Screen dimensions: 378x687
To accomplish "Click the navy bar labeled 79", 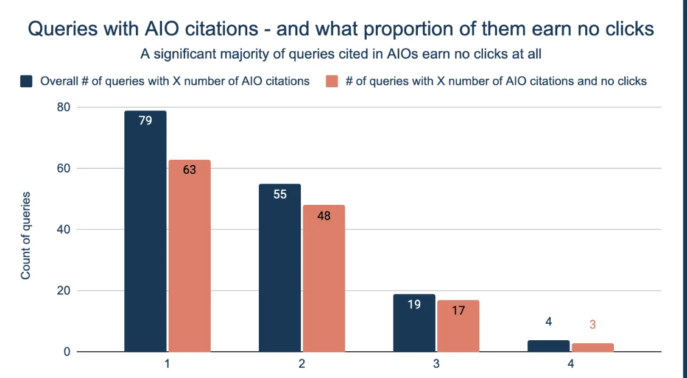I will coord(145,232).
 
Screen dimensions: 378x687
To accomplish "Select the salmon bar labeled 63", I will coord(189,256).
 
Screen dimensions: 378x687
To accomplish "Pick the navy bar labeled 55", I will coord(280,268).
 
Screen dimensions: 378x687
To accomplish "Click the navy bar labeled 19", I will coord(414,323).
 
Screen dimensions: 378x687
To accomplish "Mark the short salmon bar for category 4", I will coord(593,348).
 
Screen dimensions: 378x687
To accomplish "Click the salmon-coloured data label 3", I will coord(593,325).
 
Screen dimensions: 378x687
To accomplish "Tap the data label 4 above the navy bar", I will coord(548,322).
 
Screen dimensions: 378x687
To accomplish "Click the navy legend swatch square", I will coord(26,81).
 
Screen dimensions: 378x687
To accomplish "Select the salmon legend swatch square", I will coord(331,81).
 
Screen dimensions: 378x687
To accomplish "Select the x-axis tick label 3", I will coord(436,365).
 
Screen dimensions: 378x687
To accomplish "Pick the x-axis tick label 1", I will coord(167,365).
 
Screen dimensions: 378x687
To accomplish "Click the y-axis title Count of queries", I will coord(26,236).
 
